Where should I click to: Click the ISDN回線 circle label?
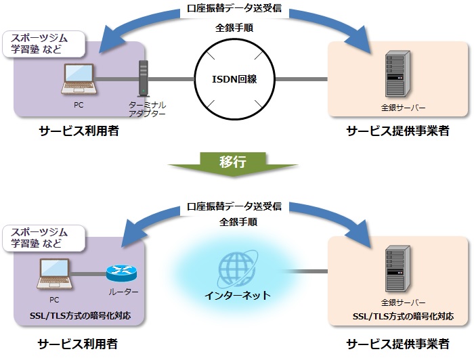[234, 78]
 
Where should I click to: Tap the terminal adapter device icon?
[142, 79]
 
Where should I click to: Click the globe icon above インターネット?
[238, 269]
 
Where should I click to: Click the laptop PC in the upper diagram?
[79, 79]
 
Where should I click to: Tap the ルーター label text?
[123, 292]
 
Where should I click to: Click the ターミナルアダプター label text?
[147, 110]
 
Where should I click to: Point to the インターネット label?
[238, 296]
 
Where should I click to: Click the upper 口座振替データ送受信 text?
[234, 10]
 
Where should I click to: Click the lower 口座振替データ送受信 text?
[234, 206]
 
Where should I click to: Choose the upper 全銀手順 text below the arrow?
[234, 28]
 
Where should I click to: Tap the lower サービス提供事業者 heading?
[398, 344]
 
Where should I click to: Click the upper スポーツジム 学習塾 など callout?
[45, 43]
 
